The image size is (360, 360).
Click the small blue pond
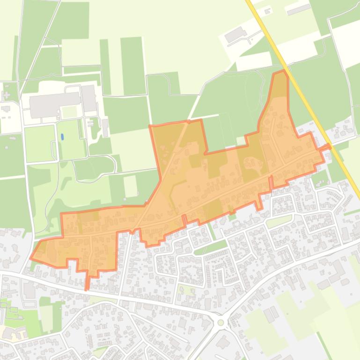[62, 137]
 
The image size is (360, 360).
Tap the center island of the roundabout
[221, 323]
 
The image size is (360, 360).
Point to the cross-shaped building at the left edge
[6, 96]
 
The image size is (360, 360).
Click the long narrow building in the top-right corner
[299, 9]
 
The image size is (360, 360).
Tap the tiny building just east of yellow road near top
[268, 11]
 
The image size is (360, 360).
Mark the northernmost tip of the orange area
[281, 72]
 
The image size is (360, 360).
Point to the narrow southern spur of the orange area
[87, 281]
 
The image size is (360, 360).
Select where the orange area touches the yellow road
[328, 147]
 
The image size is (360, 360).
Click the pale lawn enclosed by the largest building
[69, 112]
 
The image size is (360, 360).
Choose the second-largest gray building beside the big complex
[88, 98]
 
